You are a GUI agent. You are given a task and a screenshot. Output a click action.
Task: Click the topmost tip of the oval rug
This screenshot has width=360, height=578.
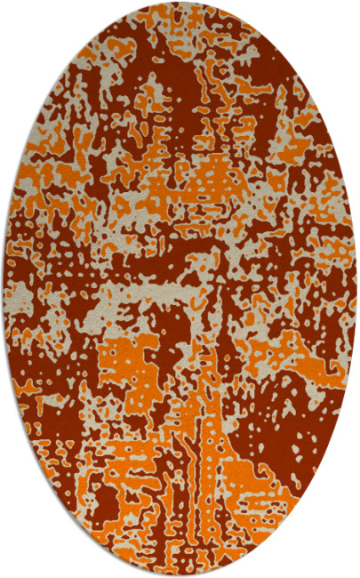pyautogui.click(x=180, y=3)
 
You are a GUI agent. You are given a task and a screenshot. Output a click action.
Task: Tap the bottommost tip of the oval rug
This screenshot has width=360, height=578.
pyautogui.click(x=180, y=575)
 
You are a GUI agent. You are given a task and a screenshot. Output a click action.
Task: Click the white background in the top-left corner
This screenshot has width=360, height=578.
pyautogui.click(x=18, y=18)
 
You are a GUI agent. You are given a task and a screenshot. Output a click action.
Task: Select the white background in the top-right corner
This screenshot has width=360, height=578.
pyautogui.click(x=342, y=18)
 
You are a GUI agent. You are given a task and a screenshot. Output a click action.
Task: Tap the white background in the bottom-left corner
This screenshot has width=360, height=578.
pyautogui.click(x=18, y=560)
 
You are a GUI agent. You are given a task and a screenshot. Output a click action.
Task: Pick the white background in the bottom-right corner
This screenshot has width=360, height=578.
pyautogui.click(x=342, y=560)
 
